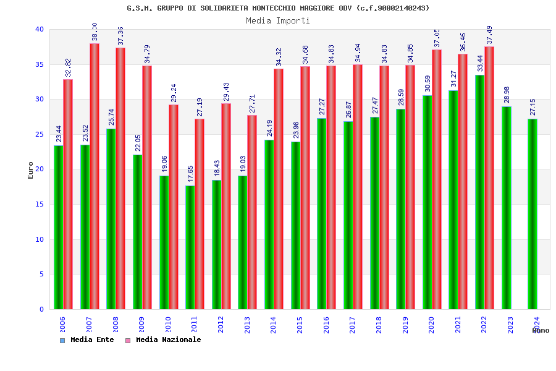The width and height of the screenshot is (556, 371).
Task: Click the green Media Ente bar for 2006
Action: pos(58,227)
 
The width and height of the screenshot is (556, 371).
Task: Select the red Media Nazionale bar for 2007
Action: pos(95,176)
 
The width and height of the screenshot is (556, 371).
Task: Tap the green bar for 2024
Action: pos(533,214)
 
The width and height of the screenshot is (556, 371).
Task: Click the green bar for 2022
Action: pos(479,192)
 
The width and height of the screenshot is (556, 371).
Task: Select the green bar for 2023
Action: pos(506,208)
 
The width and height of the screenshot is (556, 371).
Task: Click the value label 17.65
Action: pos(190,174)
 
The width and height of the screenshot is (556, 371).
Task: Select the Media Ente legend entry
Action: pos(87,340)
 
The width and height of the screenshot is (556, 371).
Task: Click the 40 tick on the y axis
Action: pos(40,29)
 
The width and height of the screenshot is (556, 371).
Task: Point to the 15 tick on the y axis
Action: pos(40,204)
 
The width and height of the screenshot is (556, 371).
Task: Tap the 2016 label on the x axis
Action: pos(326,325)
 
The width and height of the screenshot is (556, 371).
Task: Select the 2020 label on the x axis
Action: pos(432,325)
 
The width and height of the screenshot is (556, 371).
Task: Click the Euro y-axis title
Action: pos(31,170)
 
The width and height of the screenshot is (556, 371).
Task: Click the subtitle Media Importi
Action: pos(278,20)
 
